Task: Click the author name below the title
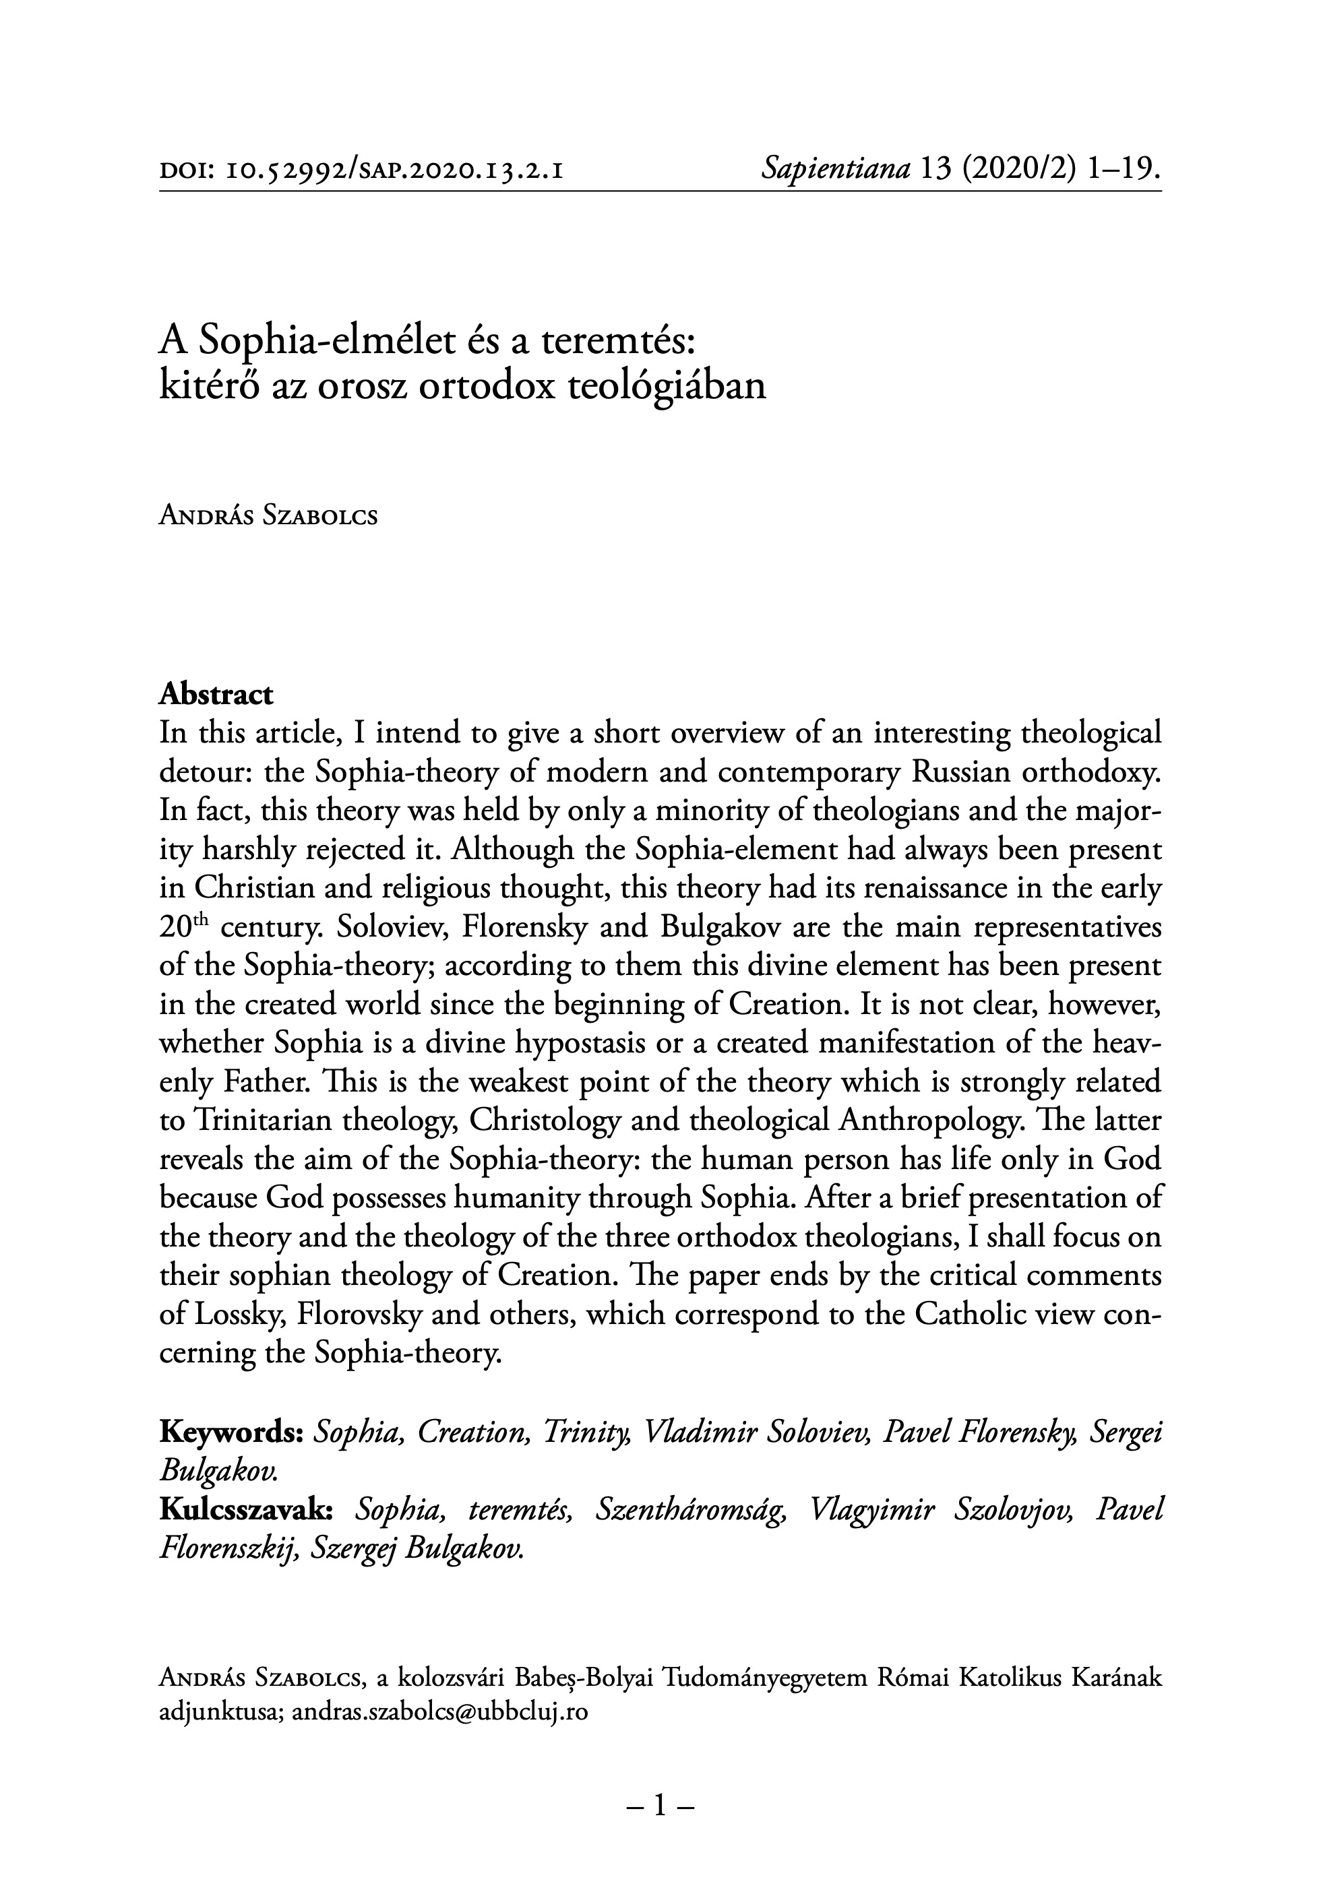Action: pyautogui.click(x=268, y=517)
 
